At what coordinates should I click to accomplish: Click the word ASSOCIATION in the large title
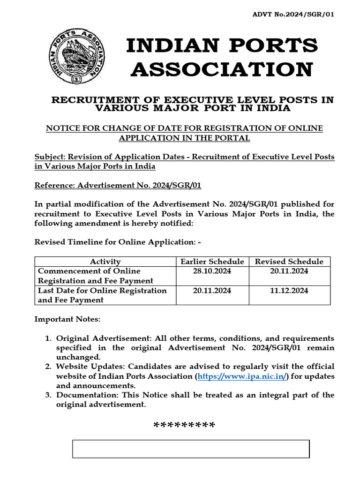222,69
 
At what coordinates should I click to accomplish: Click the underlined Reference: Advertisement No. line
118,185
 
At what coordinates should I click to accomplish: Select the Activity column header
105,262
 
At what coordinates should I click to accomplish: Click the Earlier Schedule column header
212,262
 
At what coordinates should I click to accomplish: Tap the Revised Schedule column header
289,262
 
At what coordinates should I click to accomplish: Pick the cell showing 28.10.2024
212,271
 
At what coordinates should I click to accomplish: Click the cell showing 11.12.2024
289,291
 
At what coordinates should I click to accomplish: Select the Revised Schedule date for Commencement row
289,271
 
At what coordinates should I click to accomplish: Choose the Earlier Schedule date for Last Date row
212,291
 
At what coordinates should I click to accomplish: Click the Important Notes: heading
67,319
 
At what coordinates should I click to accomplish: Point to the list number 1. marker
48,338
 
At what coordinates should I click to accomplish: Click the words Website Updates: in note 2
91,366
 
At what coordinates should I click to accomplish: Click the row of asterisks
184,426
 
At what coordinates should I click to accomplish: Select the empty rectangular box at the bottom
190,449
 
